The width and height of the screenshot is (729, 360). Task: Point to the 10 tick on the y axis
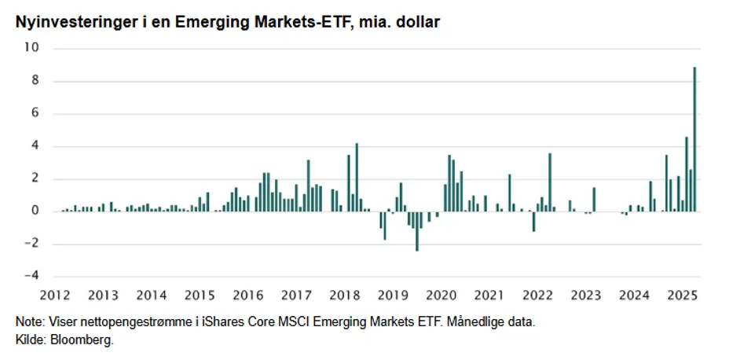pyautogui.click(x=33, y=48)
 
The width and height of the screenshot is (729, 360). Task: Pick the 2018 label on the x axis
pyautogui.click(x=344, y=296)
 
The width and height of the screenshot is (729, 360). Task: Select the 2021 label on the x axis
pyautogui.click(x=489, y=296)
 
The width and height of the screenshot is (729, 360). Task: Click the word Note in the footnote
pyautogui.click(x=28, y=323)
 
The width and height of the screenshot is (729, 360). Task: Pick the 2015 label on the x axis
pyautogui.click(x=200, y=296)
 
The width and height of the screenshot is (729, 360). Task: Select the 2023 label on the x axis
pyautogui.click(x=585, y=296)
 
